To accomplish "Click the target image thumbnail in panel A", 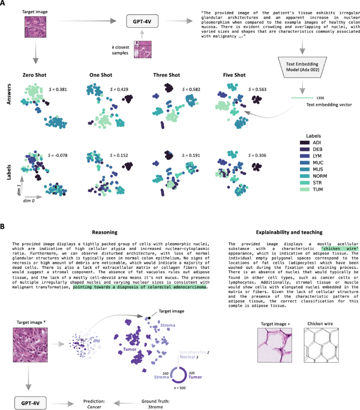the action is coord(32,26).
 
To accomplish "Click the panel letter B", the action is coord(3,226).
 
